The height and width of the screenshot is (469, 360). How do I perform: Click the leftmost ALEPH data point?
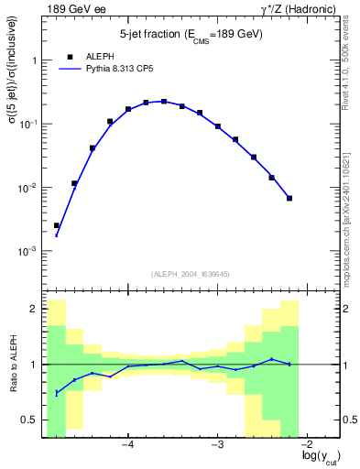[x=57, y=225]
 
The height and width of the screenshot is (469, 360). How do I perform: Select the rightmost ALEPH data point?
[x=289, y=198]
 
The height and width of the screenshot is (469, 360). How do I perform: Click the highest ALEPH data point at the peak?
[x=164, y=102]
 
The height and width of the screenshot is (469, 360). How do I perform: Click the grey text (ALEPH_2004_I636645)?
[x=191, y=273]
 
